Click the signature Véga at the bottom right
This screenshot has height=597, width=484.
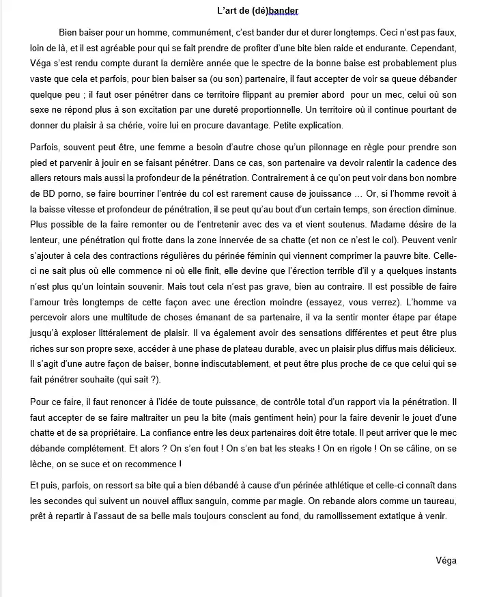446,561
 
